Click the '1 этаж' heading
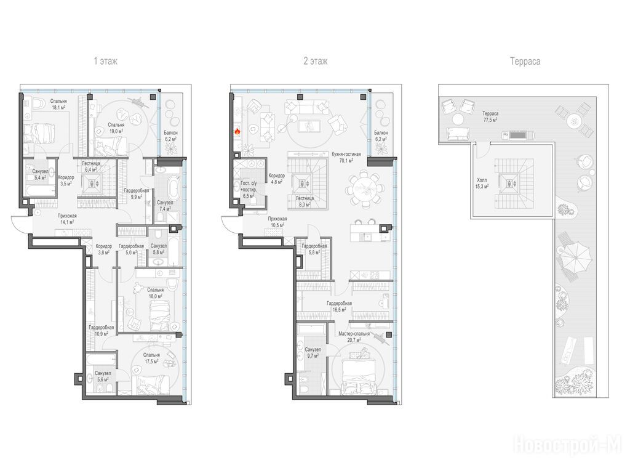click(106, 61)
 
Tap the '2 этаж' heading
click(316, 61)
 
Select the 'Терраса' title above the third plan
click(525, 62)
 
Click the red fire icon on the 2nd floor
click(237, 131)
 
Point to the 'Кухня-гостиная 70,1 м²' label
click(346, 157)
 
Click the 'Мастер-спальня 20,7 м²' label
click(354, 337)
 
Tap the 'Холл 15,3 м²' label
click(482, 183)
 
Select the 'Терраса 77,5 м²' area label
click(490, 116)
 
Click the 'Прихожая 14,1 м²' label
click(66, 219)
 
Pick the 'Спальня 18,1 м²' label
click(58, 104)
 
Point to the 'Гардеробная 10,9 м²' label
click(102, 331)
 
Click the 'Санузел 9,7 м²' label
click(313, 353)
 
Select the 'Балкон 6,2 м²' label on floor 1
click(171, 135)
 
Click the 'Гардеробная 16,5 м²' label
click(339, 307)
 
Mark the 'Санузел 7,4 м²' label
click(165, 206)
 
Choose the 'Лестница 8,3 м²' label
click(305, 201)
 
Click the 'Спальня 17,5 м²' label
click(151, 358)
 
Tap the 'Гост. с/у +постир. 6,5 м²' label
click(249, 190)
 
